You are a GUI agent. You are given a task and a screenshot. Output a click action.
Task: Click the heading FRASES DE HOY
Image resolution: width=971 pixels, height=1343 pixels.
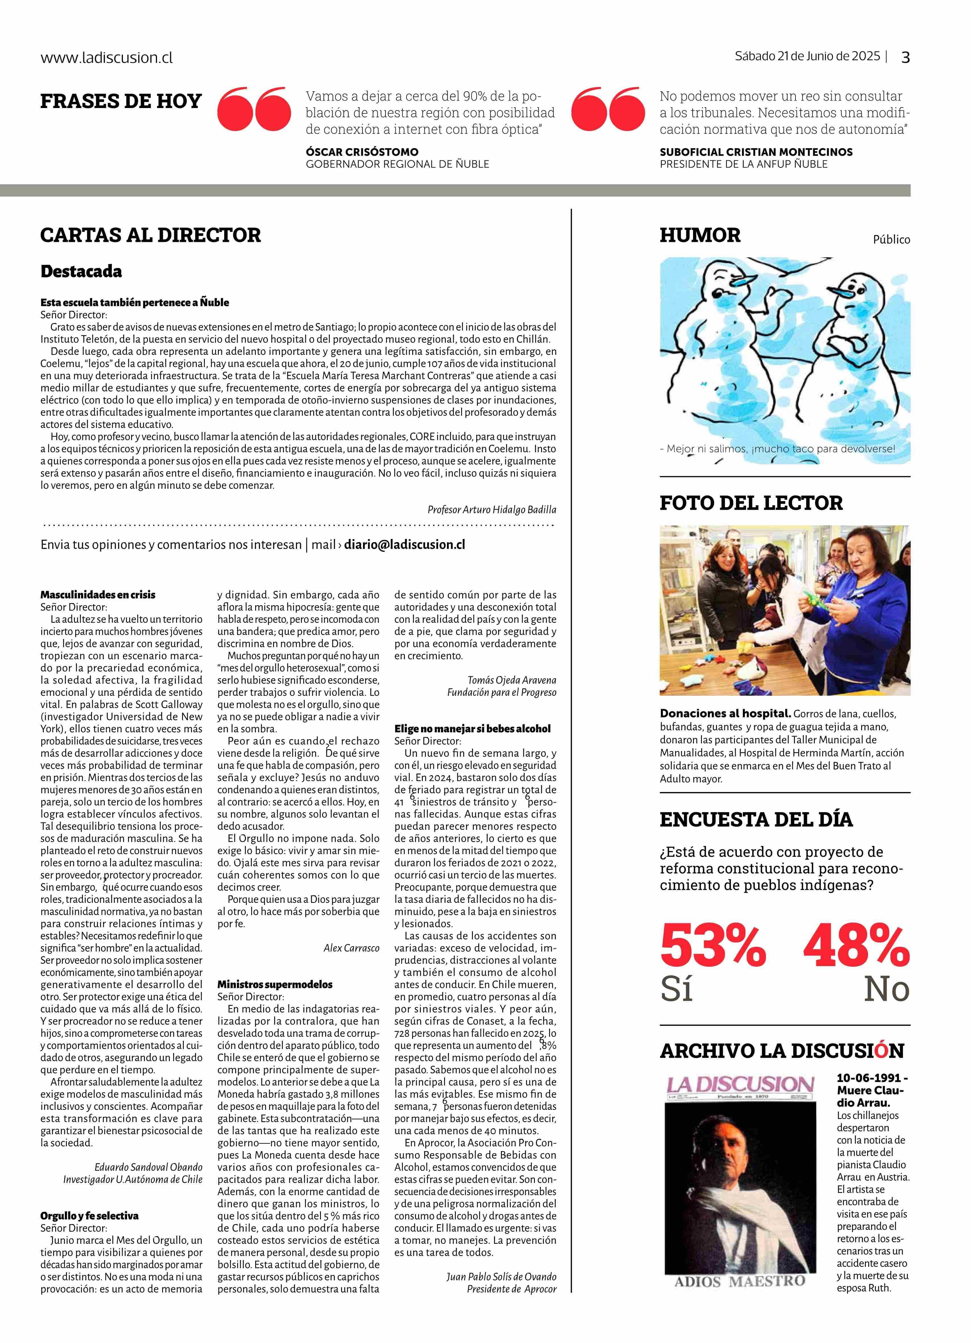pos(121,101)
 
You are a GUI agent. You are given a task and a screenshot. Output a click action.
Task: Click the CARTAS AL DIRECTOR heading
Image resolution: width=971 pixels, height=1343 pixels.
pos(151,235)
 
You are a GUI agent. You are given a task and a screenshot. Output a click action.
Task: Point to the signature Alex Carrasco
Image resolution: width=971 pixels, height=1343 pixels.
pos(351,948)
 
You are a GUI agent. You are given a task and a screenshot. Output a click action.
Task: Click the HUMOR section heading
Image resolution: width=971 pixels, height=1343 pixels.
pos(700,235)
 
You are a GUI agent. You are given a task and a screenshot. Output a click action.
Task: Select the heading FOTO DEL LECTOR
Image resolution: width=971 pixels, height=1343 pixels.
pos(751,503)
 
